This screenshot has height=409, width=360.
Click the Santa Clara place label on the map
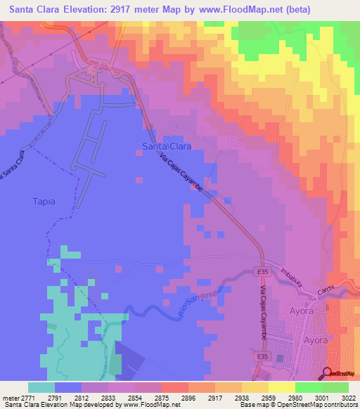[x=167, y=146]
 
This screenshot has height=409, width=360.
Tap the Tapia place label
[x=43, y=201]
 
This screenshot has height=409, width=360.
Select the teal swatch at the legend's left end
[x=41, y=387]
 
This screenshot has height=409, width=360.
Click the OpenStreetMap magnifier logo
[x=326, y=373]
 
